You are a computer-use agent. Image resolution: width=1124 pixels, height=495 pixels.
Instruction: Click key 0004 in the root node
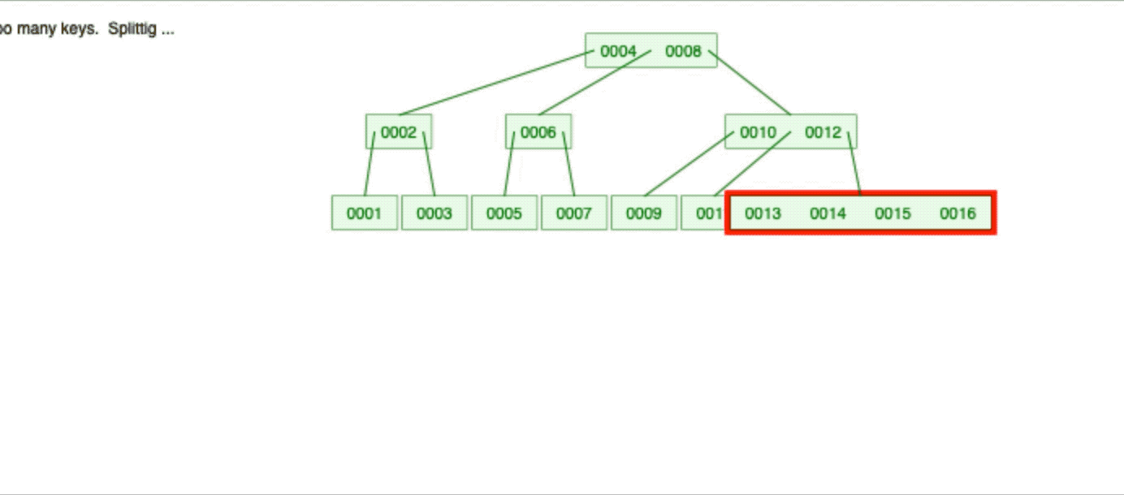click(x=618, y=51)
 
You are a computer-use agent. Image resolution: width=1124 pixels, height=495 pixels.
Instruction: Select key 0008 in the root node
click(x=683, y=51)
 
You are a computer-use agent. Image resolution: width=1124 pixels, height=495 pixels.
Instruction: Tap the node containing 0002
click(x=398, y=132)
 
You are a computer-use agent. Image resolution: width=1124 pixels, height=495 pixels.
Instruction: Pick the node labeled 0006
click(x=538, y=132)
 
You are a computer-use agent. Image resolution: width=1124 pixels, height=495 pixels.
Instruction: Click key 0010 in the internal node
click(x=758, y=132)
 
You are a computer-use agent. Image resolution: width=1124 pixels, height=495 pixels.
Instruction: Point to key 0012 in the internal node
click(x=824, y=132)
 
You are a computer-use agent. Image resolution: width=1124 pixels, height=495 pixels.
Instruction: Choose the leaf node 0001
click(x=364, y=213)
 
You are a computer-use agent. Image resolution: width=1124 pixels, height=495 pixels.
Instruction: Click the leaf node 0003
click(x=434, y=213)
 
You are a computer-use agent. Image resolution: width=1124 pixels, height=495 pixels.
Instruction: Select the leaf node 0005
click(x=504, y=213)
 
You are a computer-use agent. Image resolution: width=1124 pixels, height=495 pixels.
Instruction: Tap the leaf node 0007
click(x=573, y=213)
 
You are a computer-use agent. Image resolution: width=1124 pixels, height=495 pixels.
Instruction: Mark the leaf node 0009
click(x=643, y=213)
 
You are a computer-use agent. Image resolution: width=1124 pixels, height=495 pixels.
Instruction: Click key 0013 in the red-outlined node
click(x=763, y=213)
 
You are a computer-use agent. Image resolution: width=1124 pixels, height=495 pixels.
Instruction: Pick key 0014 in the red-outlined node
click(x=828, y=213)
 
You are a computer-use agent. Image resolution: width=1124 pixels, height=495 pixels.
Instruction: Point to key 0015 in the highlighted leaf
click(x=893, y=213)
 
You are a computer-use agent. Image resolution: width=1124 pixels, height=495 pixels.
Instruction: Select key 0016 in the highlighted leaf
click(x=958, y=213)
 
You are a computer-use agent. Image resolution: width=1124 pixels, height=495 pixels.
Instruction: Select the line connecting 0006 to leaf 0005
click(x=509, y=164)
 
